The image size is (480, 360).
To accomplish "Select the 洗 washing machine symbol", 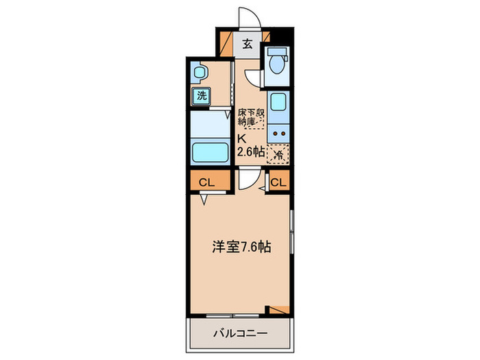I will pyautogui.click(x=201, y=96).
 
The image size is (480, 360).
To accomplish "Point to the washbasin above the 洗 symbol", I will pyautogui.click(x=200, y=71).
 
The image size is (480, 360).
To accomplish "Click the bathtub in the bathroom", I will pyautogui.click(x=208, y=150).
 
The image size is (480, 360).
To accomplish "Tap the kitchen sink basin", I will pyautogui.click(x=278, y=104).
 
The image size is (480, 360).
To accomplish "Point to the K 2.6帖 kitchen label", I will pyautogui.click(x=250, y=145).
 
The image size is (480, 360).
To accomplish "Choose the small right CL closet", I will pyautogui.click(x=278, y=182).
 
